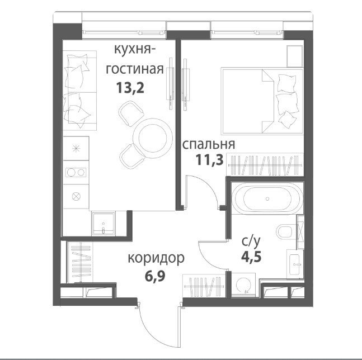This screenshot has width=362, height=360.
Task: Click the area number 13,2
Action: click(130, 88)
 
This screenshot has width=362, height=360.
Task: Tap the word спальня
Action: click(209, 145)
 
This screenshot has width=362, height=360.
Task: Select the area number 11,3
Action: click(210, 160)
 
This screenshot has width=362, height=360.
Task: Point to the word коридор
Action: click(156, 258)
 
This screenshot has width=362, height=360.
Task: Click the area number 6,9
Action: click(155, 276)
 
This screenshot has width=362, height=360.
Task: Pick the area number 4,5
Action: click(251, 257)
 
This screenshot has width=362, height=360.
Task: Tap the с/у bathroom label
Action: click(251, 241)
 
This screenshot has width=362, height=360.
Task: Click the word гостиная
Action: click(135, 69)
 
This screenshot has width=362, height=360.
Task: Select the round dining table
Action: click(153, 139)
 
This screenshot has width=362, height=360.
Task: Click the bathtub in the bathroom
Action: click(267, 198)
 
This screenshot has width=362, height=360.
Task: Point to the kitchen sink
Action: click(103, 224)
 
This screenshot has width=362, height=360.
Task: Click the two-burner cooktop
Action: click(76, 172)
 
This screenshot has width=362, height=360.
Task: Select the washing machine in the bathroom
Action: click(243, 285)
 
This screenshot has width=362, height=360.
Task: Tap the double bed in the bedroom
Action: click(262, 101)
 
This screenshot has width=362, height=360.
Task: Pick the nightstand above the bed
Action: click(295, 56)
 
